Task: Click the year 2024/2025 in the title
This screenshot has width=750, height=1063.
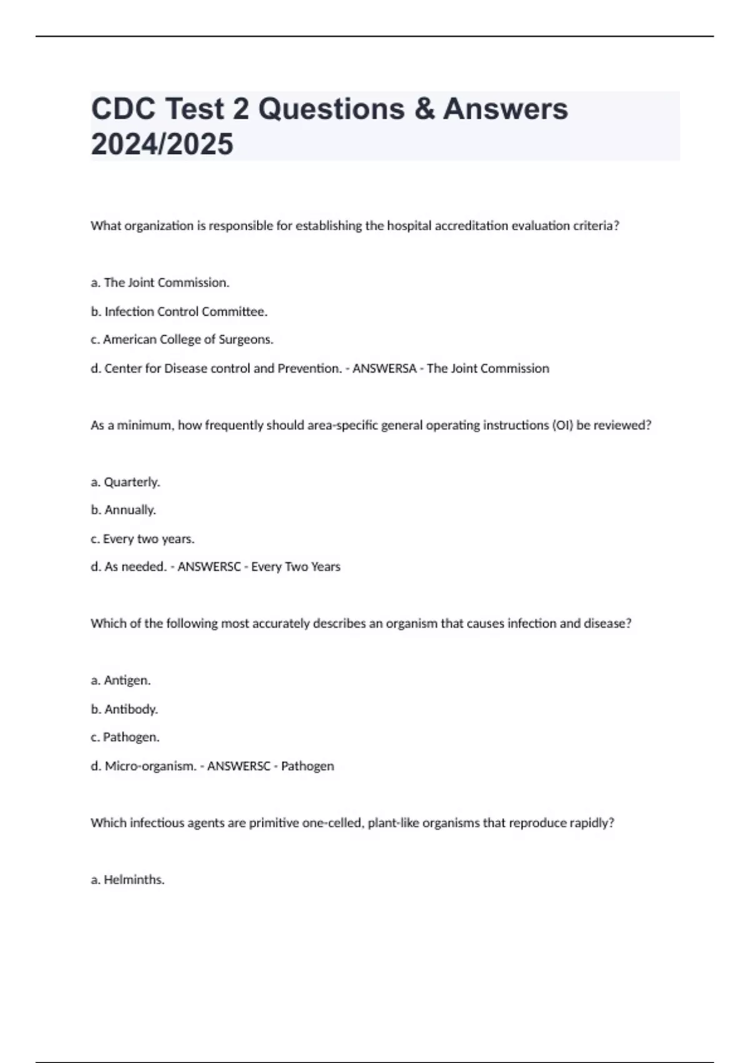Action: [x=162, y=144]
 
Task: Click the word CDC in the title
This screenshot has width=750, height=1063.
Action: [x=123, y=109]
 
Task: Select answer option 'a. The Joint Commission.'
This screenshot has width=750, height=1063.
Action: [x=160, y=283]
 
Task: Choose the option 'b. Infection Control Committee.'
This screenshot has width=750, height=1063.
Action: [x=179, y=311]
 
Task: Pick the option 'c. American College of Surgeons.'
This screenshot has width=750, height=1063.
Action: [x=182, y=340]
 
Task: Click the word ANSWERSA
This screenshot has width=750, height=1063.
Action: [x=384, y=368]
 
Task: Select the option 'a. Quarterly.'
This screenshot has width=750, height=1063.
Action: [x=126, y=482]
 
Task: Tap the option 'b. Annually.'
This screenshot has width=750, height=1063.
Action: [x=123, y=510]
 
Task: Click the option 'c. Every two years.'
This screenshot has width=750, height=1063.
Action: [x=142, y=538]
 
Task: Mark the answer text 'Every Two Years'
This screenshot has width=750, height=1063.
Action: [x=296, y=567]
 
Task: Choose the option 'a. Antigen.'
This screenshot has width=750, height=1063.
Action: [x=121, y=680]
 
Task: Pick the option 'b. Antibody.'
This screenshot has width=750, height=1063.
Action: [x=124, y=709]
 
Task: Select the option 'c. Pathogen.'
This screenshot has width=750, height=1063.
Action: [x=125, y=737]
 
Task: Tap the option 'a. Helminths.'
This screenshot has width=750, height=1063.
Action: [x=127, y=880]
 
